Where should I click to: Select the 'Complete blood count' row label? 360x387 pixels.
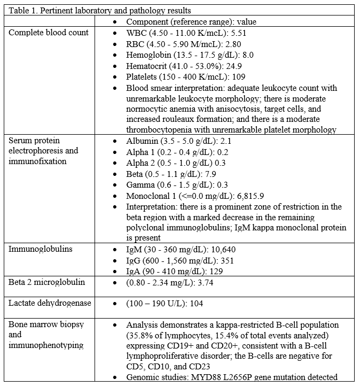pos(49,33)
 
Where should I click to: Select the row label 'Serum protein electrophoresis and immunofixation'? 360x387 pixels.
pos(43,151)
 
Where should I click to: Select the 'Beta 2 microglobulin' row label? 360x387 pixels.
pos(46,282)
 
